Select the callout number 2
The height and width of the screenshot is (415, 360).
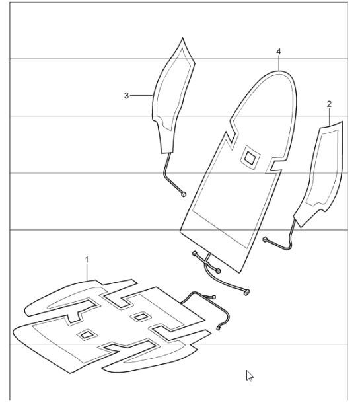329,104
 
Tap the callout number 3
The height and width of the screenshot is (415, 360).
126,96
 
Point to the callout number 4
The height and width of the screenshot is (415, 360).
278,50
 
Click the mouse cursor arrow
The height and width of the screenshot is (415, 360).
249,375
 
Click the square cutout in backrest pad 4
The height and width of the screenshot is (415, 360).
250,157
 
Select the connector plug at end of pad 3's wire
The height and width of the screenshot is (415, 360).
183,194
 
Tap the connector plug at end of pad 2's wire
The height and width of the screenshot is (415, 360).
265,239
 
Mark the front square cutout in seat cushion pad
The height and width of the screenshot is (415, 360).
86,336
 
